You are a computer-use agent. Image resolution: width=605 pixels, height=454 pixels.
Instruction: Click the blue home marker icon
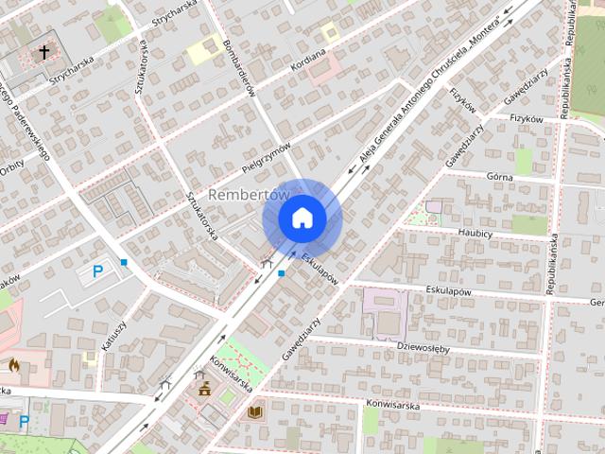(x=302, y=218)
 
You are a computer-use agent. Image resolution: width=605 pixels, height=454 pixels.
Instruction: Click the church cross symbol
(x=43, y=53)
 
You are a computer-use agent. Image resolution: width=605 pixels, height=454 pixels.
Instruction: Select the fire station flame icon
(x=13, y=363)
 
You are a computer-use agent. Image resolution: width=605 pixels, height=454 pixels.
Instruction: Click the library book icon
(x=254, y=412)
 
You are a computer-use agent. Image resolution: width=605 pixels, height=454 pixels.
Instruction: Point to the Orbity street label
(x=11, y=162)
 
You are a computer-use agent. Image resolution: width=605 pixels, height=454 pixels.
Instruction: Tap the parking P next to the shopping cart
(x=25, y=420)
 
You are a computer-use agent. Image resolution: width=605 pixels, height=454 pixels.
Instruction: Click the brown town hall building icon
(x=202, y=388)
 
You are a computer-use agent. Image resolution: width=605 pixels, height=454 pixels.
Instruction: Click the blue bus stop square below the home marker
(x=281, y=273)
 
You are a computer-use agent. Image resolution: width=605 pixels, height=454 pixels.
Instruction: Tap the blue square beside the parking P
(x=124, y=262)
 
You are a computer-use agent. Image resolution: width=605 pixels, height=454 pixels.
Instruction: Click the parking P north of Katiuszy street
(x=96, y=272)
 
